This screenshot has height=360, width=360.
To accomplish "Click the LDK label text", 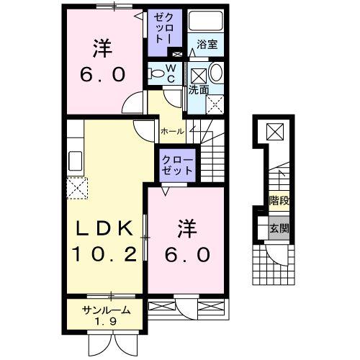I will (x=105, y=230).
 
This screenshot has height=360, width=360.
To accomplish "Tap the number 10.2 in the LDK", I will (x=105, y=254).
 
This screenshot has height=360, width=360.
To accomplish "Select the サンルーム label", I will (x=106, y=310).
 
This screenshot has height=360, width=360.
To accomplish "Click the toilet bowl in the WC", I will (x=156, y=72).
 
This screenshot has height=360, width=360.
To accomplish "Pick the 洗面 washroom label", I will (x=199, y=91).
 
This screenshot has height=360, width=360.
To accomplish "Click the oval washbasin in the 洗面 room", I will (x=215, y=74).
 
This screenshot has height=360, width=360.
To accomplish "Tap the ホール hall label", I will (x=171, y=131).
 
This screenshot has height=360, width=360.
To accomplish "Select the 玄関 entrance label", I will (x=279, y=230).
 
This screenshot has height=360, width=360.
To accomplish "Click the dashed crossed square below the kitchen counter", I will (x=76, y=189).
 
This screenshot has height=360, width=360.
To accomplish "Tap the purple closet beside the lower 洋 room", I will (x=176, y=164).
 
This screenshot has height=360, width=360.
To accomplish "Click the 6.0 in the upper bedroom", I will (x=100, y=74).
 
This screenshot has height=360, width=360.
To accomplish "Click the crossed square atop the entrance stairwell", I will (x=275, y=131).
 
